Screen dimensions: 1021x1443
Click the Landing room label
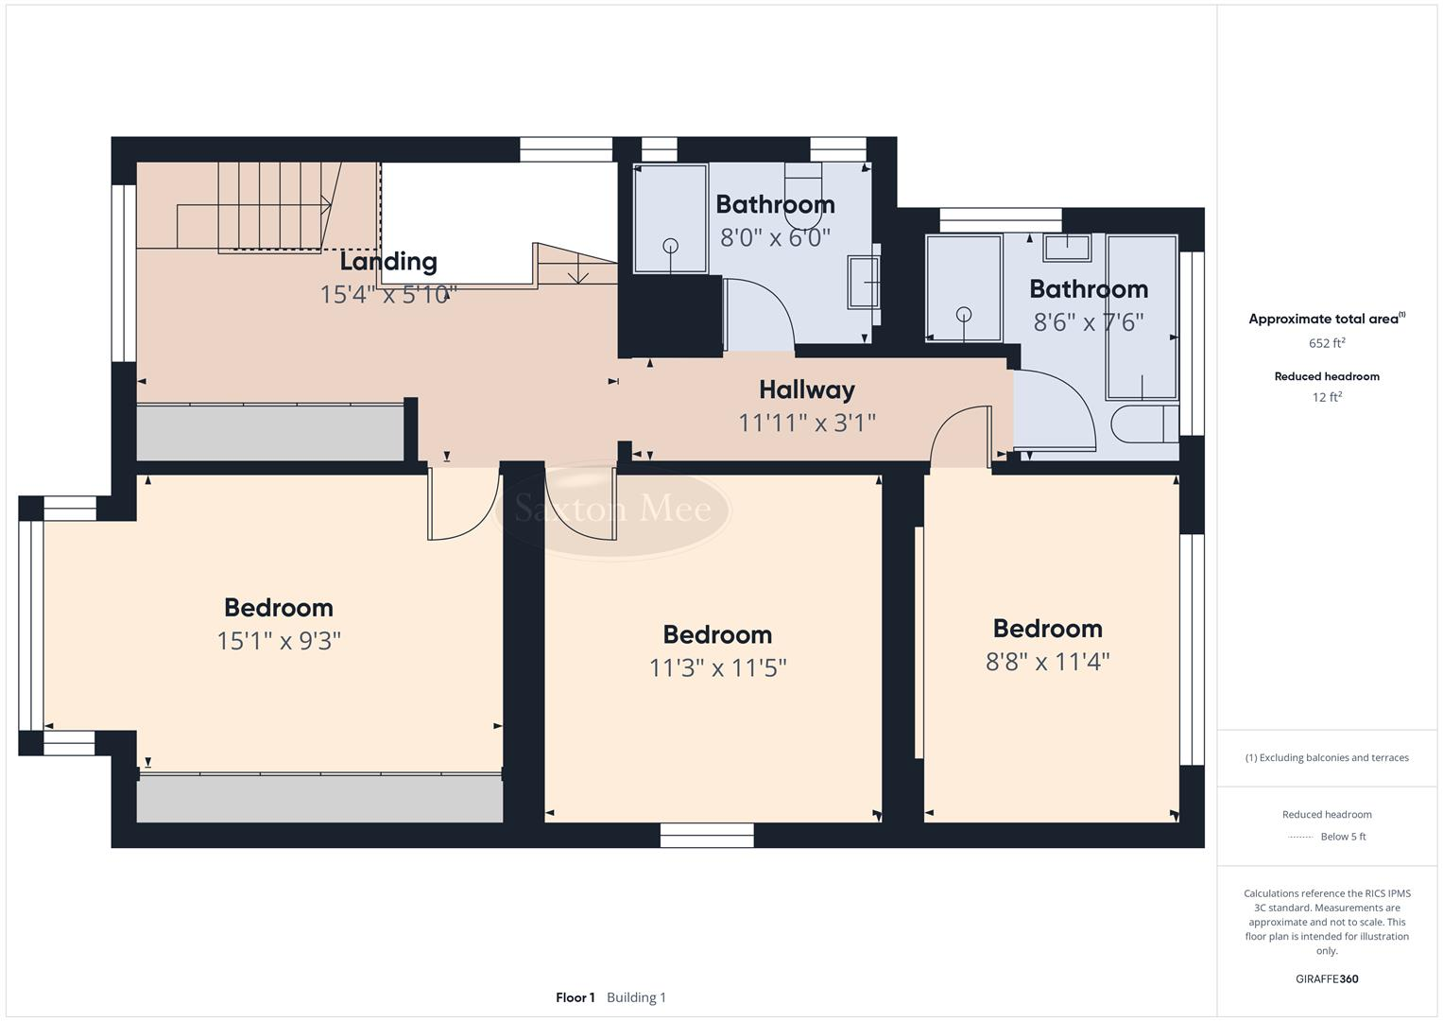(x=388, y=262)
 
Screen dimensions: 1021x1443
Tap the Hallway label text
(x=807, y=389)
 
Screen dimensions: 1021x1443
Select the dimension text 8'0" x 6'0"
(x=775, y=237)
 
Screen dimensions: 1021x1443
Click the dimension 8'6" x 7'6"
(x=1089, y=322)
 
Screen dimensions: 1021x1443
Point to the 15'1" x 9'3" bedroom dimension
(x=279, y=641)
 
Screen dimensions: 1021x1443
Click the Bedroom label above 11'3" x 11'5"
(x=717, y=634)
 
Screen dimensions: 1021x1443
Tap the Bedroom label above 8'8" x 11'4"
(x=1047, y=629)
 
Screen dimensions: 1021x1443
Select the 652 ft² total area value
(x=1327, y=343)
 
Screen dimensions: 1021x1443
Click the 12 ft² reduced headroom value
(x=1327, y=397)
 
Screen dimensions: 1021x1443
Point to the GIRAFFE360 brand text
(x=1327, y=978)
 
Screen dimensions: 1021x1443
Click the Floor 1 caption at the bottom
(x=575, y=997)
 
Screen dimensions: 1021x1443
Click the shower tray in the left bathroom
(x=670, y=219)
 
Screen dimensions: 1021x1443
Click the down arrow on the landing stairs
(x=578, y=275)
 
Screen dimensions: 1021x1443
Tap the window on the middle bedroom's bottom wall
(x=707, y=835)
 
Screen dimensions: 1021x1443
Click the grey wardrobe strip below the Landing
(x=270, y=433)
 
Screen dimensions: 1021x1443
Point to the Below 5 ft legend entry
(x=1343, y=837)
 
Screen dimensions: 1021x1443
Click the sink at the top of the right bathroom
(x=1067, y=248)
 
